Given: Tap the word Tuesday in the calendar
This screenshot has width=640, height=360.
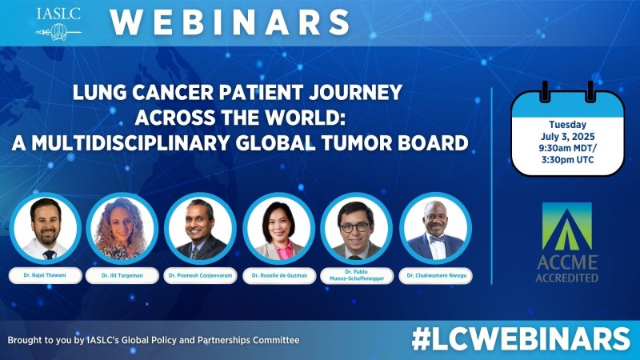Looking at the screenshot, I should click(x=567, y=126).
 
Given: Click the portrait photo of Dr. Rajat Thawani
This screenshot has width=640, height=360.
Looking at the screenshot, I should click(x=46, y=228).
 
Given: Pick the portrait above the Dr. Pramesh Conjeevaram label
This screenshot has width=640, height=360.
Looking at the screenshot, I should click(x=199, y=228).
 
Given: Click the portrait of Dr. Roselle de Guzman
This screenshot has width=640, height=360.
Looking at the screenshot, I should click(x=278, y=228).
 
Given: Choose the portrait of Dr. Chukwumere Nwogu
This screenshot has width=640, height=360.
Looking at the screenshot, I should click(x=434, y=228).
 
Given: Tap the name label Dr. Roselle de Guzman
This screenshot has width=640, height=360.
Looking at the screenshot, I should click(x=278, y=275).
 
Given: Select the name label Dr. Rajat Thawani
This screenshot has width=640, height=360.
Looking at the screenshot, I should click(x=45, y=275).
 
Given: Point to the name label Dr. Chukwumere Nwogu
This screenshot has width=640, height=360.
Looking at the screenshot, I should click(x=434, y=275).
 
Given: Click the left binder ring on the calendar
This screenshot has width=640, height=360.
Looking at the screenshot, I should click(x=544, y=90).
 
